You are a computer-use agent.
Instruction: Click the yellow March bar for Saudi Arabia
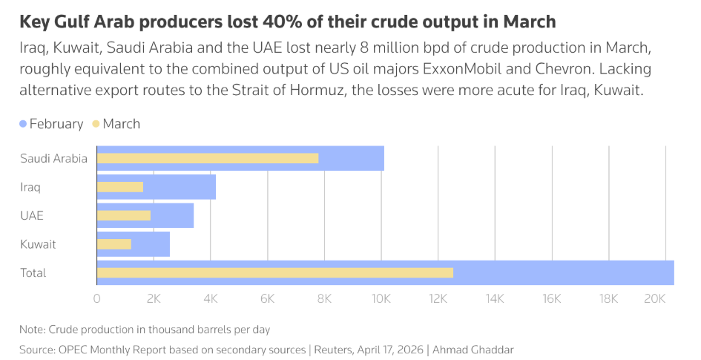click(x=208, y=158)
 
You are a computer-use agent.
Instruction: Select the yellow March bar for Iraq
click(x=120, y=187)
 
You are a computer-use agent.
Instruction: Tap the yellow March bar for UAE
click(x=124, y=215)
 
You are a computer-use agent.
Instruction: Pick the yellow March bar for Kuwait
click(x=114, y=244)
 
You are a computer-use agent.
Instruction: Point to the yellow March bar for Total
click(x=274, y=272)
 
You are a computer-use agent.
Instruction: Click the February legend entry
click(x=52, y=124)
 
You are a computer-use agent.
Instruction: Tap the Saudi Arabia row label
click(x=53, y=158)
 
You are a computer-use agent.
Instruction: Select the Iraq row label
click(x=30, y=187)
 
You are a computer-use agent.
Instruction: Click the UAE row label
click(x=32, y=215)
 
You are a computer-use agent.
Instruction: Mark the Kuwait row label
click(x=38, y=244)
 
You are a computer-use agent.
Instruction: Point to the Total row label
click(x=33, y=272)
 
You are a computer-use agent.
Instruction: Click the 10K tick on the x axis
click(x=381, y=298)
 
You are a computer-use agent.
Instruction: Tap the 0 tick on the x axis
click(x=97, y=298)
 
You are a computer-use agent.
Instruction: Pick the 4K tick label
click(x=211, y=298)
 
